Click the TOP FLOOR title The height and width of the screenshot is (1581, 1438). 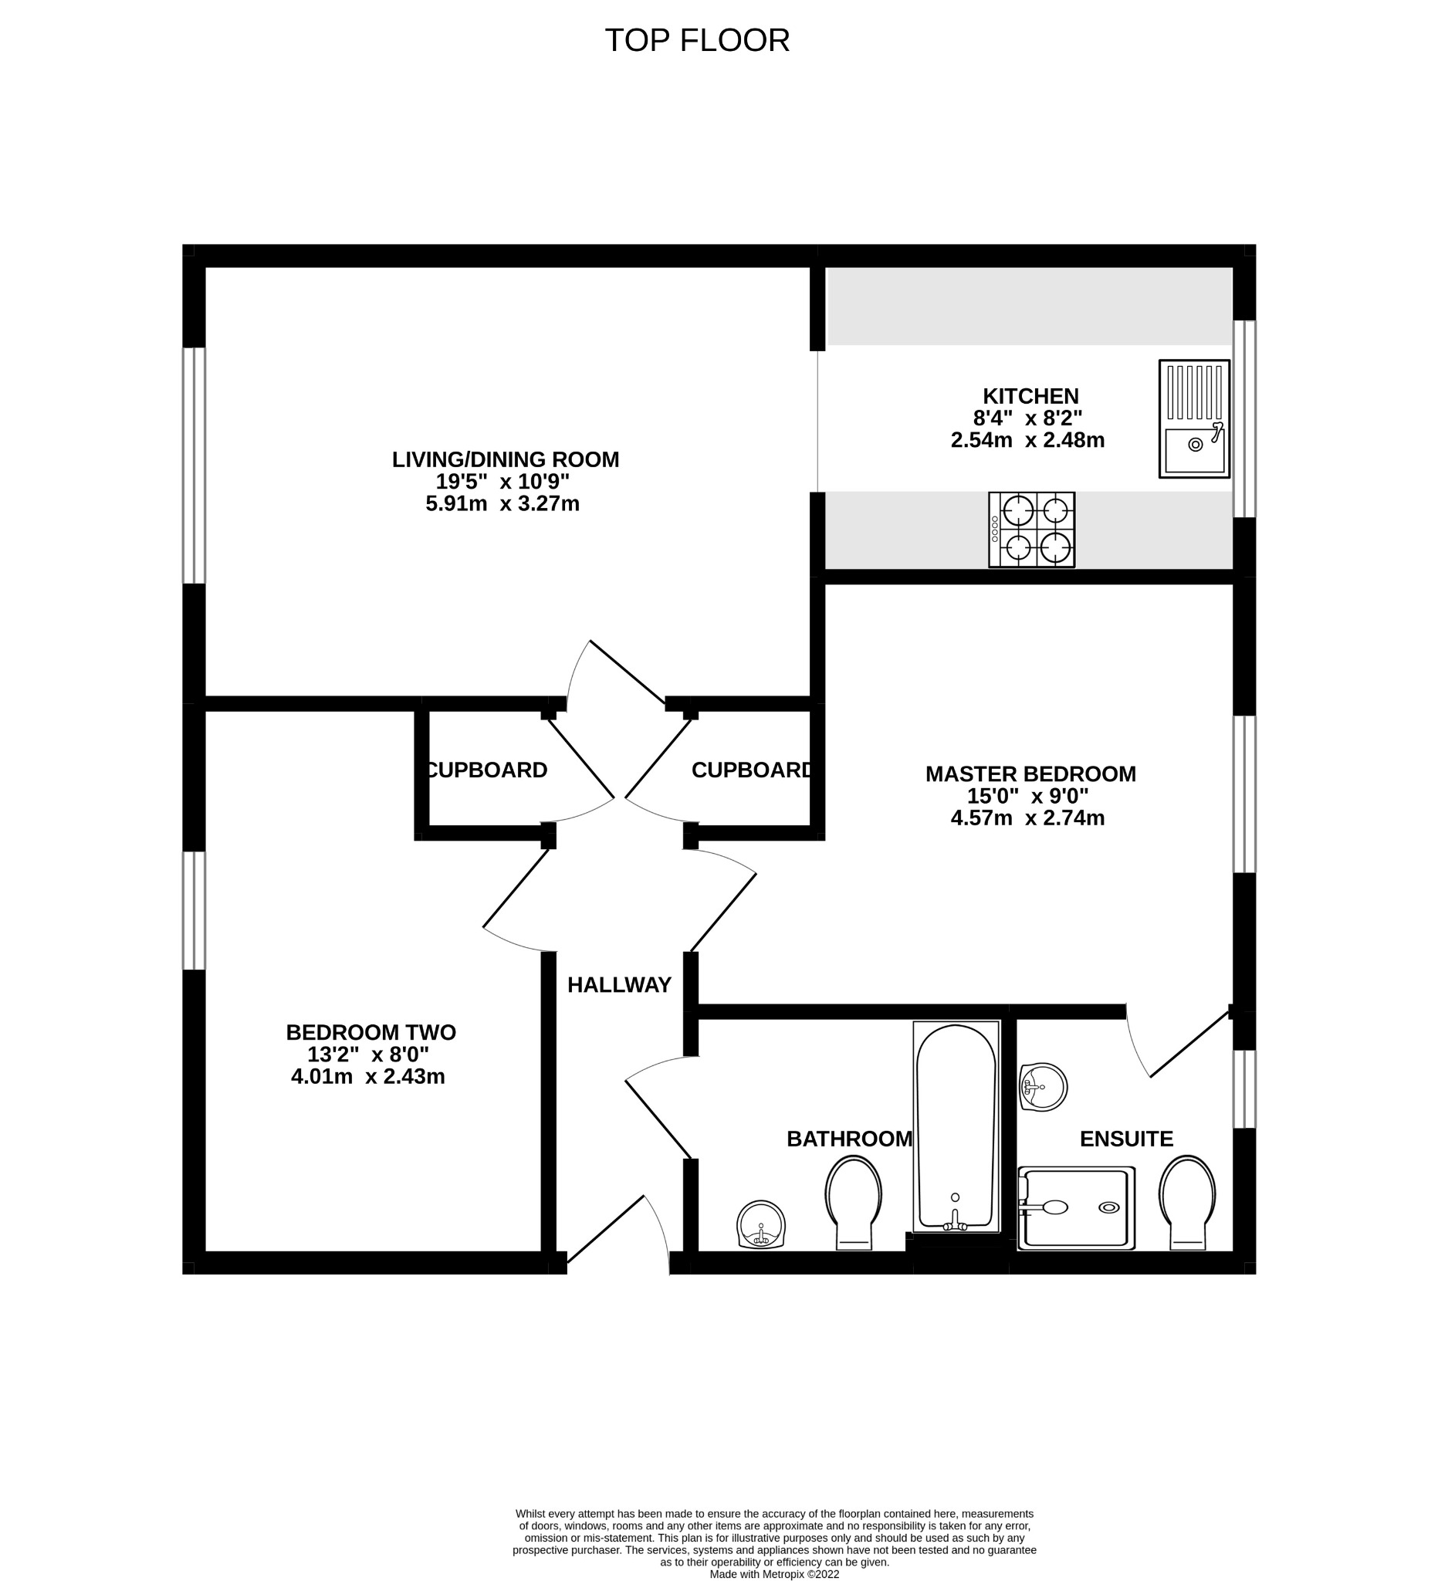click(696, 41)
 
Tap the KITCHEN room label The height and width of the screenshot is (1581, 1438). click(1030, 396)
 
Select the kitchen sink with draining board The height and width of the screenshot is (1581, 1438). click(1193, 418)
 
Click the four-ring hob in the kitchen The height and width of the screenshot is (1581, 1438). click(1031, 530)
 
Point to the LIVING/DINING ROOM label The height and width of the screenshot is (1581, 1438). click(505, 459)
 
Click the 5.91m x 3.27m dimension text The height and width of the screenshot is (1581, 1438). click(502, 503)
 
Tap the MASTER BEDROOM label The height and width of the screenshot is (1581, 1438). click(1030, 774)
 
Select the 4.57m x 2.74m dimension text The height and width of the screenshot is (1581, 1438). click(1027, 818)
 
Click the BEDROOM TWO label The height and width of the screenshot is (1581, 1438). click(370, 1032)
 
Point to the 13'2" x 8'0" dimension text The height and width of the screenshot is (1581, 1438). click(368, 1054)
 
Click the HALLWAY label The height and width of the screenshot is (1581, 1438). click(619, 985)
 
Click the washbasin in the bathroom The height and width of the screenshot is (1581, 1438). click(760, 1224)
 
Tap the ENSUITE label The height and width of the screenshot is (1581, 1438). click(1126, 1139)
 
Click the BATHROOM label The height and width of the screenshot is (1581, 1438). click(849, 1139)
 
